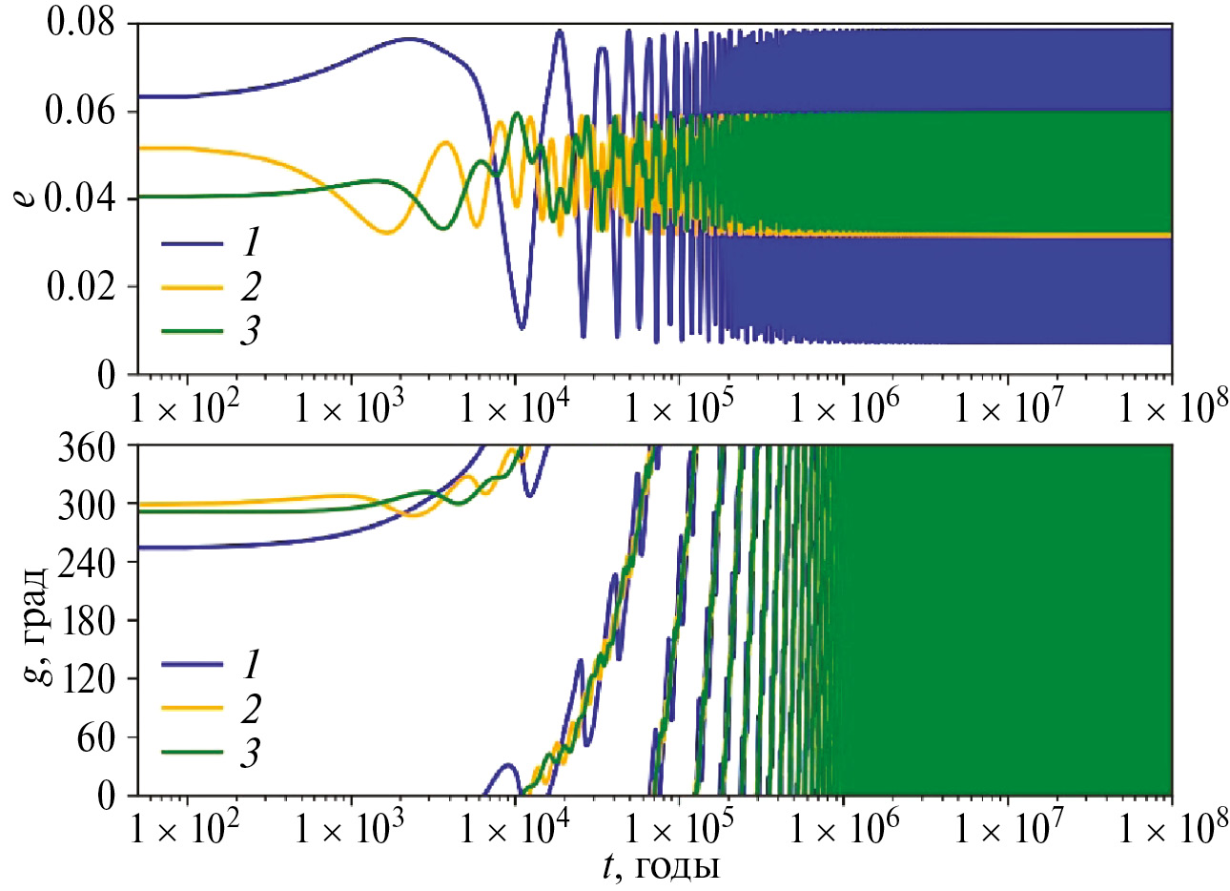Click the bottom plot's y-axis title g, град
(x=34, y=620)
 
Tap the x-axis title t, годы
(x=660, y=867)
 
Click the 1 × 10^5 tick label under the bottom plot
(x=679, y=831)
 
